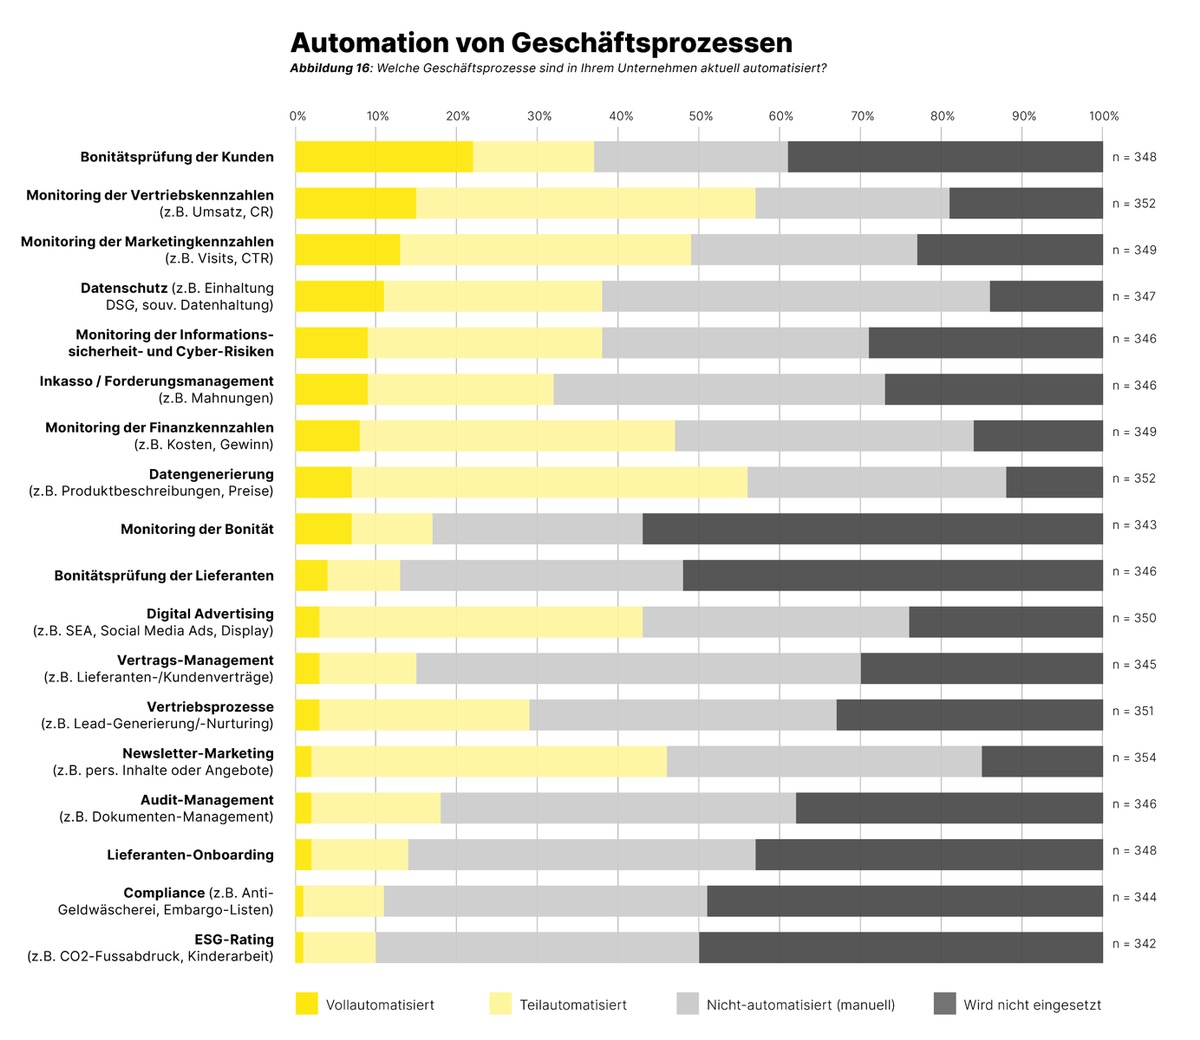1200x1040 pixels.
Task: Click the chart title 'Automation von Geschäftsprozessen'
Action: pos(541,43)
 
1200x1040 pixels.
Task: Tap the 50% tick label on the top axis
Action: pos(701,116)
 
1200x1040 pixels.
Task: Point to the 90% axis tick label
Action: pos(1024,116)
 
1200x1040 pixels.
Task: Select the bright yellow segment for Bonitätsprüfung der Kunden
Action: pos(384,157)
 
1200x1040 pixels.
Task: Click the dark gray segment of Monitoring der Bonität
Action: pos(873,529)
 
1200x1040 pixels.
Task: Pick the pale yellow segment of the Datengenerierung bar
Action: pos(550,483)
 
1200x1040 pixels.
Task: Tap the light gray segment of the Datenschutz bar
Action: pos(796,296)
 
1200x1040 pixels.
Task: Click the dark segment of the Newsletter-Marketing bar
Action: pos(1042,761)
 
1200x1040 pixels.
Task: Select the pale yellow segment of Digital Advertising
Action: pos(481,622)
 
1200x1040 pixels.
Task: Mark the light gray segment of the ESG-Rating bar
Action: pos(538,948)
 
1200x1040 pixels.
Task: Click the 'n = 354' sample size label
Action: pos(1134,758)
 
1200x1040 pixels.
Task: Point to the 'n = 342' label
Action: pos(1134,944)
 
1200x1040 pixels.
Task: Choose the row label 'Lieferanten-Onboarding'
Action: pos(190,855)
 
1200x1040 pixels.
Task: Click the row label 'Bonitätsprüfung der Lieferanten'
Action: pos(164,575)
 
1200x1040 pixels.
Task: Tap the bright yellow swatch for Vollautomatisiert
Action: pos(307,1004)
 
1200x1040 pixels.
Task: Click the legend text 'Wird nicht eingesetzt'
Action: pos(1032,1005)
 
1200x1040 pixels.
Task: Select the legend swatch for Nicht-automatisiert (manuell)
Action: pos(687,1004)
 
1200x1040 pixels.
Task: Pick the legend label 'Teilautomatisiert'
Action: pos(573,1005)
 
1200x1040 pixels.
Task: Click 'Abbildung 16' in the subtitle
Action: pos(330,69)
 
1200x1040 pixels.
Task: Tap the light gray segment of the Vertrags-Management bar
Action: pos(639,668)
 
